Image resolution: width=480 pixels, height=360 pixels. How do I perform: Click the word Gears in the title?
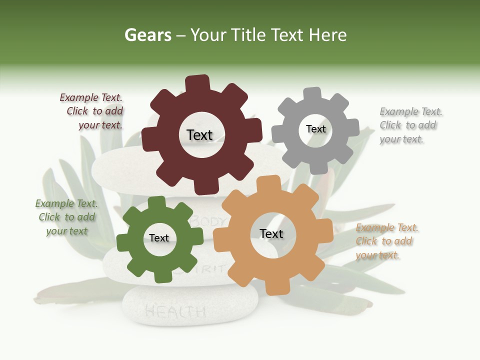coord(147,35)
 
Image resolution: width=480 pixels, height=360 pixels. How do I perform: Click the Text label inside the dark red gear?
coord(199,135)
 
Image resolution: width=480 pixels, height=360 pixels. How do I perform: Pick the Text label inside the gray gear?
coord(315,129)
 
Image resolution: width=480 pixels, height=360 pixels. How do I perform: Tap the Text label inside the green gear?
coord(159,238)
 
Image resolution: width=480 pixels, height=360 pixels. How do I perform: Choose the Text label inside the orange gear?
coord(271,234)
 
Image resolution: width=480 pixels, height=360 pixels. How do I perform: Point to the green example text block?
coord(66,217)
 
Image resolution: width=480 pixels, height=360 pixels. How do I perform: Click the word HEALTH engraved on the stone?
coord(175,312)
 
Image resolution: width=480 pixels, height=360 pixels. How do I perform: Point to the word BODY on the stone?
coord(210,220)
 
